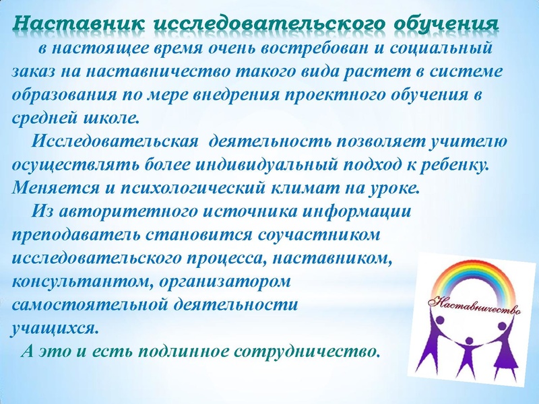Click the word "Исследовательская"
[x=115, y=143]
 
